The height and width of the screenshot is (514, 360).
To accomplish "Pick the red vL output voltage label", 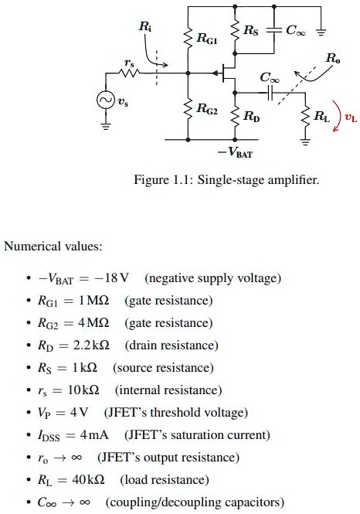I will pos(351,118).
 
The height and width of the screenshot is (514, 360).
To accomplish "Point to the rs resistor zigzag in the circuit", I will pos(128,73).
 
